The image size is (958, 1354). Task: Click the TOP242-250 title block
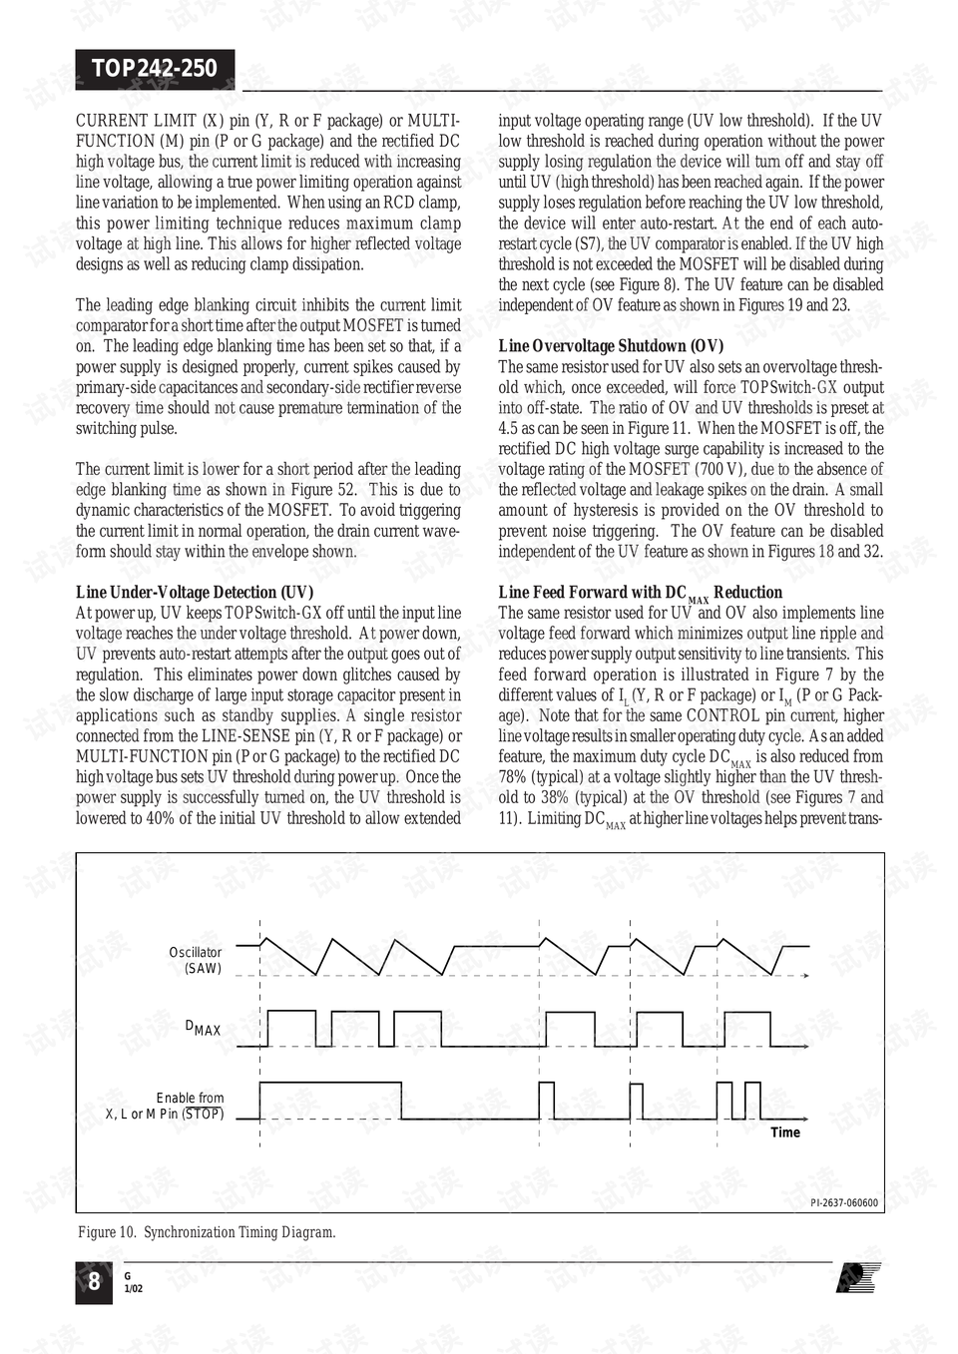tap(155, 68)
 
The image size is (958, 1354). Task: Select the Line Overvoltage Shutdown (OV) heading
tap(611, 346)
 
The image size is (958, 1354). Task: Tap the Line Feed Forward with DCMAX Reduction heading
tap(640, 593)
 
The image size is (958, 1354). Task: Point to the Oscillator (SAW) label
tap(196, 960)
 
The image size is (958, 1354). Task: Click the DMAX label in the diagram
tap(204, 1028)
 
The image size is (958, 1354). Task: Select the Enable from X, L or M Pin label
tap(166, 1106)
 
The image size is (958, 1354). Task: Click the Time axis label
tap(784, 1132)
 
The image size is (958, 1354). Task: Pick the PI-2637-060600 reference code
tap(844, 1203)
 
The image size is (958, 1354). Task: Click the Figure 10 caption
tap(207, 1232)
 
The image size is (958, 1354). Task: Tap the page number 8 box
tap(94, 1282)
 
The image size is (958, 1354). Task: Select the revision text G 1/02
tap(133, 1283)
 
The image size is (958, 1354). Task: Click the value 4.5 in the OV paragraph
tap(508, 428)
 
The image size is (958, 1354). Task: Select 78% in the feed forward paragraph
tap(513, 777)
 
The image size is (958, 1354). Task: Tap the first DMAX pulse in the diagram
tap(291, 1028)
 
